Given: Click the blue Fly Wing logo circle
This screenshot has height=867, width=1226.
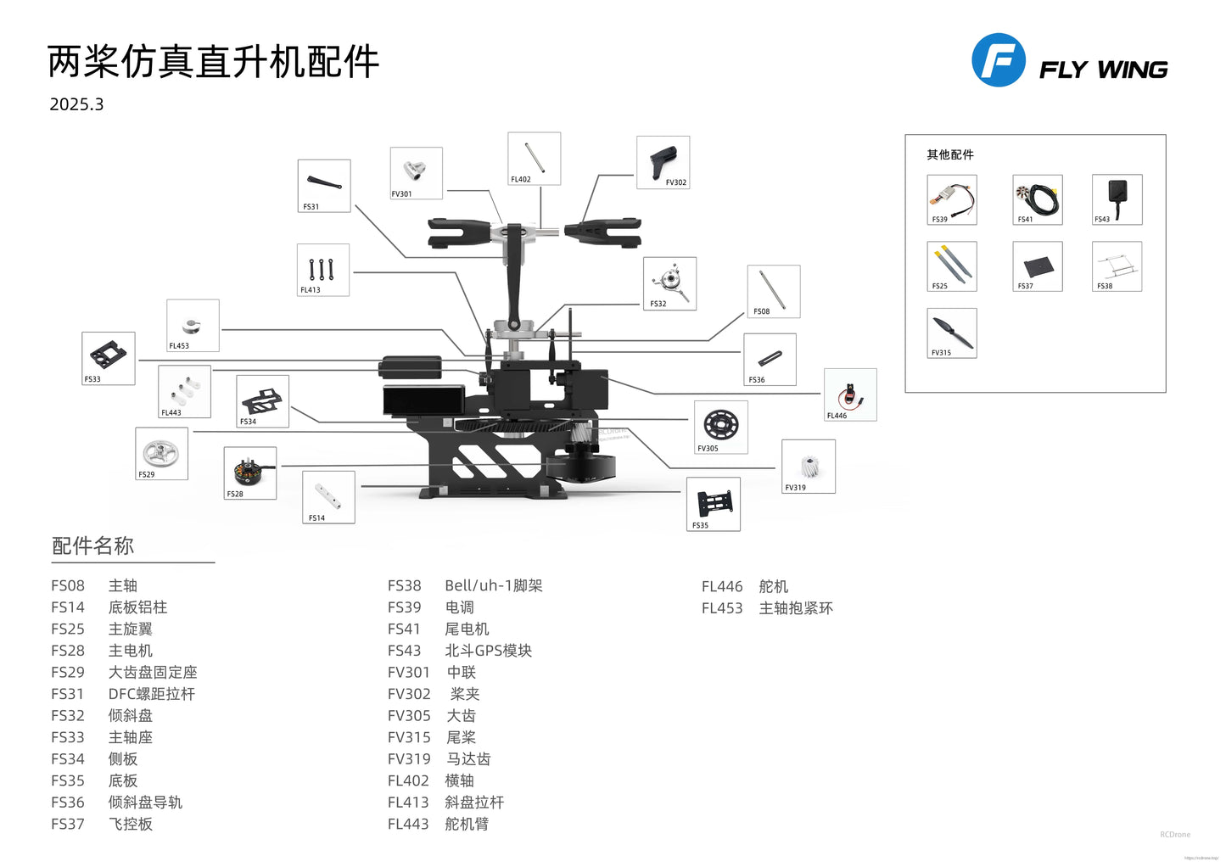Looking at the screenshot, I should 998,60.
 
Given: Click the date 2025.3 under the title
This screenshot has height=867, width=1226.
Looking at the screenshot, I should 76,104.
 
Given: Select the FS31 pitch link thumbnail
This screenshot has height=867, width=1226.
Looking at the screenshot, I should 324,185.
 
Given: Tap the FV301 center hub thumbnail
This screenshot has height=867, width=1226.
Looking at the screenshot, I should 416,172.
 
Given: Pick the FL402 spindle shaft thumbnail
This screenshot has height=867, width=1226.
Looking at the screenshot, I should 535,158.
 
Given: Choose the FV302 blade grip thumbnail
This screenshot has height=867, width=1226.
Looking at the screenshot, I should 663,161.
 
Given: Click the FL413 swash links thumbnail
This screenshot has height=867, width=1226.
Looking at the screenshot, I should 322,270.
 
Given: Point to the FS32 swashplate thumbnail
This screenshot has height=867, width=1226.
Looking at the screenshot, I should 670,282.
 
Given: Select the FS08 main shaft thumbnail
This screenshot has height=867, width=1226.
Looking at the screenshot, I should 774,291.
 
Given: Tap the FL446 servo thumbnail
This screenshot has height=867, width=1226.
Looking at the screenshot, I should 850,394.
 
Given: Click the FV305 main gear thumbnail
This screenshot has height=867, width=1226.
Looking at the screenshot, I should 721,427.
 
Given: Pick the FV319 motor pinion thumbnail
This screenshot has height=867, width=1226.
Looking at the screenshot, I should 809,466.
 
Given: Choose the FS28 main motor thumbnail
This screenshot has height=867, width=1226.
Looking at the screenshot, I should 250,473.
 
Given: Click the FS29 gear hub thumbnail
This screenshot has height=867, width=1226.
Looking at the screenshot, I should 161,453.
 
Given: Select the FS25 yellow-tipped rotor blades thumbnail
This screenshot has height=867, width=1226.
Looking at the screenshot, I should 952,266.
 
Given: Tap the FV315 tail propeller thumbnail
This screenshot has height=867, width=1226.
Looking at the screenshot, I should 952,333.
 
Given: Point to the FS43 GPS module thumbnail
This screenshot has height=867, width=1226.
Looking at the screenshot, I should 1117,199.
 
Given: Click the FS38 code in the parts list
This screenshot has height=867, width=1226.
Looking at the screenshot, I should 404,586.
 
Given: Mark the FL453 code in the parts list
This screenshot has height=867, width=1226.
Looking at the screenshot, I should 722,608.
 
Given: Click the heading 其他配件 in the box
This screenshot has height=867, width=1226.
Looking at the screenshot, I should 950,154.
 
